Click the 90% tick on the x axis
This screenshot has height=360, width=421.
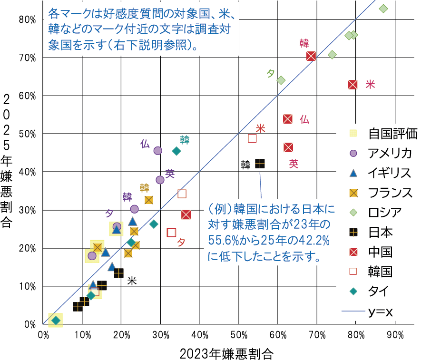click(395, 334)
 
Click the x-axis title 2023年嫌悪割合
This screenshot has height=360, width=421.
click(227, 353)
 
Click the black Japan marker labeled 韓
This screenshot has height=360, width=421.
click(260, 164)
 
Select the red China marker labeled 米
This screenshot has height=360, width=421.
click(352, 84)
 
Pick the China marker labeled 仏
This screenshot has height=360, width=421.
click(287, 119)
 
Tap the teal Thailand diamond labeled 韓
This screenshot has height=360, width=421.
click(176, 151)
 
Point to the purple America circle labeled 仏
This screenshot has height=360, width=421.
click(158, 151)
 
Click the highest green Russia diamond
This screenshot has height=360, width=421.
click(383, 9)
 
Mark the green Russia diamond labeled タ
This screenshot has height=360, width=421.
click(281, 80)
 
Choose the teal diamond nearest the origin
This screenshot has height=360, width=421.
click(56, 321)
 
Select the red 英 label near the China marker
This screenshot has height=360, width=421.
click(294, 164)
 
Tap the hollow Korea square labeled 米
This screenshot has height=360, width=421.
click(253, 138)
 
